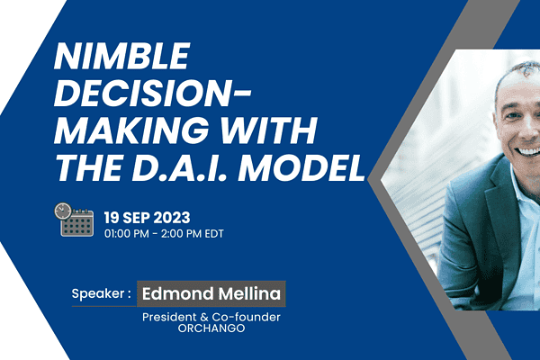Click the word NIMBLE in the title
[x=121, y=56]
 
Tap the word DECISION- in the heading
[x=153, y=93]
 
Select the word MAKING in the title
[x=131, y=130]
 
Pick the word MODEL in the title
[x=301, y=167]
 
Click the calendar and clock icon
[x=74, y=220]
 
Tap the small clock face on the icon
[x=63, y=211]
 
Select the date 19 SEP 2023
[x=147, y=218]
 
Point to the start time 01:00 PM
[x=127, y=234]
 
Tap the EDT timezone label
[x=214, y=234]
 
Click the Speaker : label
[x=101, y=294]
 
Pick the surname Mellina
[x=249, y=294]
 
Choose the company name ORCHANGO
[x=211, y=328]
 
